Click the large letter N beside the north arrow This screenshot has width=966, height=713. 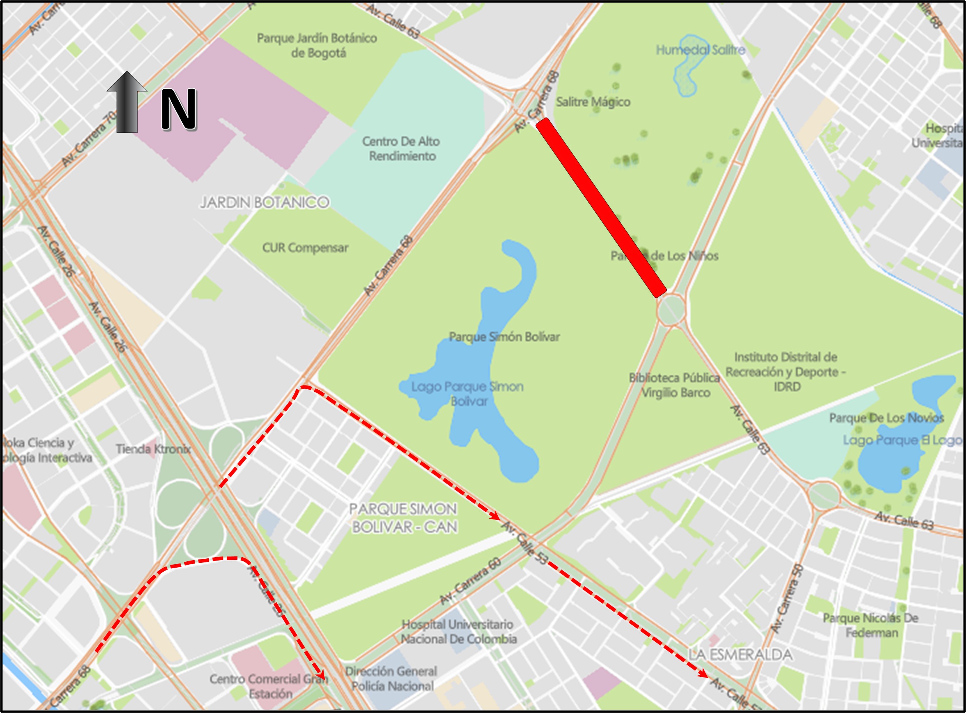tap(179, 110)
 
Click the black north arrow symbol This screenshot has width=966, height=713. tap(127, 102)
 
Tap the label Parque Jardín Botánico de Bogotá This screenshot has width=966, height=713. tap(317, 45)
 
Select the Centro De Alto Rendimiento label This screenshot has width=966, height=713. tap(401, 148)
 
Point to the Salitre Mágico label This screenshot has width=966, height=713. tap(593, 102)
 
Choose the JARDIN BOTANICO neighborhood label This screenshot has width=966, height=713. tap(264, 202)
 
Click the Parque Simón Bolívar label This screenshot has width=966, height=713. tap(504, 337)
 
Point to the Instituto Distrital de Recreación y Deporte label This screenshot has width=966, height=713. tap(786, 371)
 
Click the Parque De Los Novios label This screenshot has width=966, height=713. tap(886, 418)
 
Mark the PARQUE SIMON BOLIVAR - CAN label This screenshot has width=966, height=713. tap(403, 518)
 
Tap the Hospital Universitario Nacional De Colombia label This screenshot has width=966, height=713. tap(458, 632)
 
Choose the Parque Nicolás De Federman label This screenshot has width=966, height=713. tap(871, 625)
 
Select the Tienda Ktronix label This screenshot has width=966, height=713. tap(153, 449)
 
